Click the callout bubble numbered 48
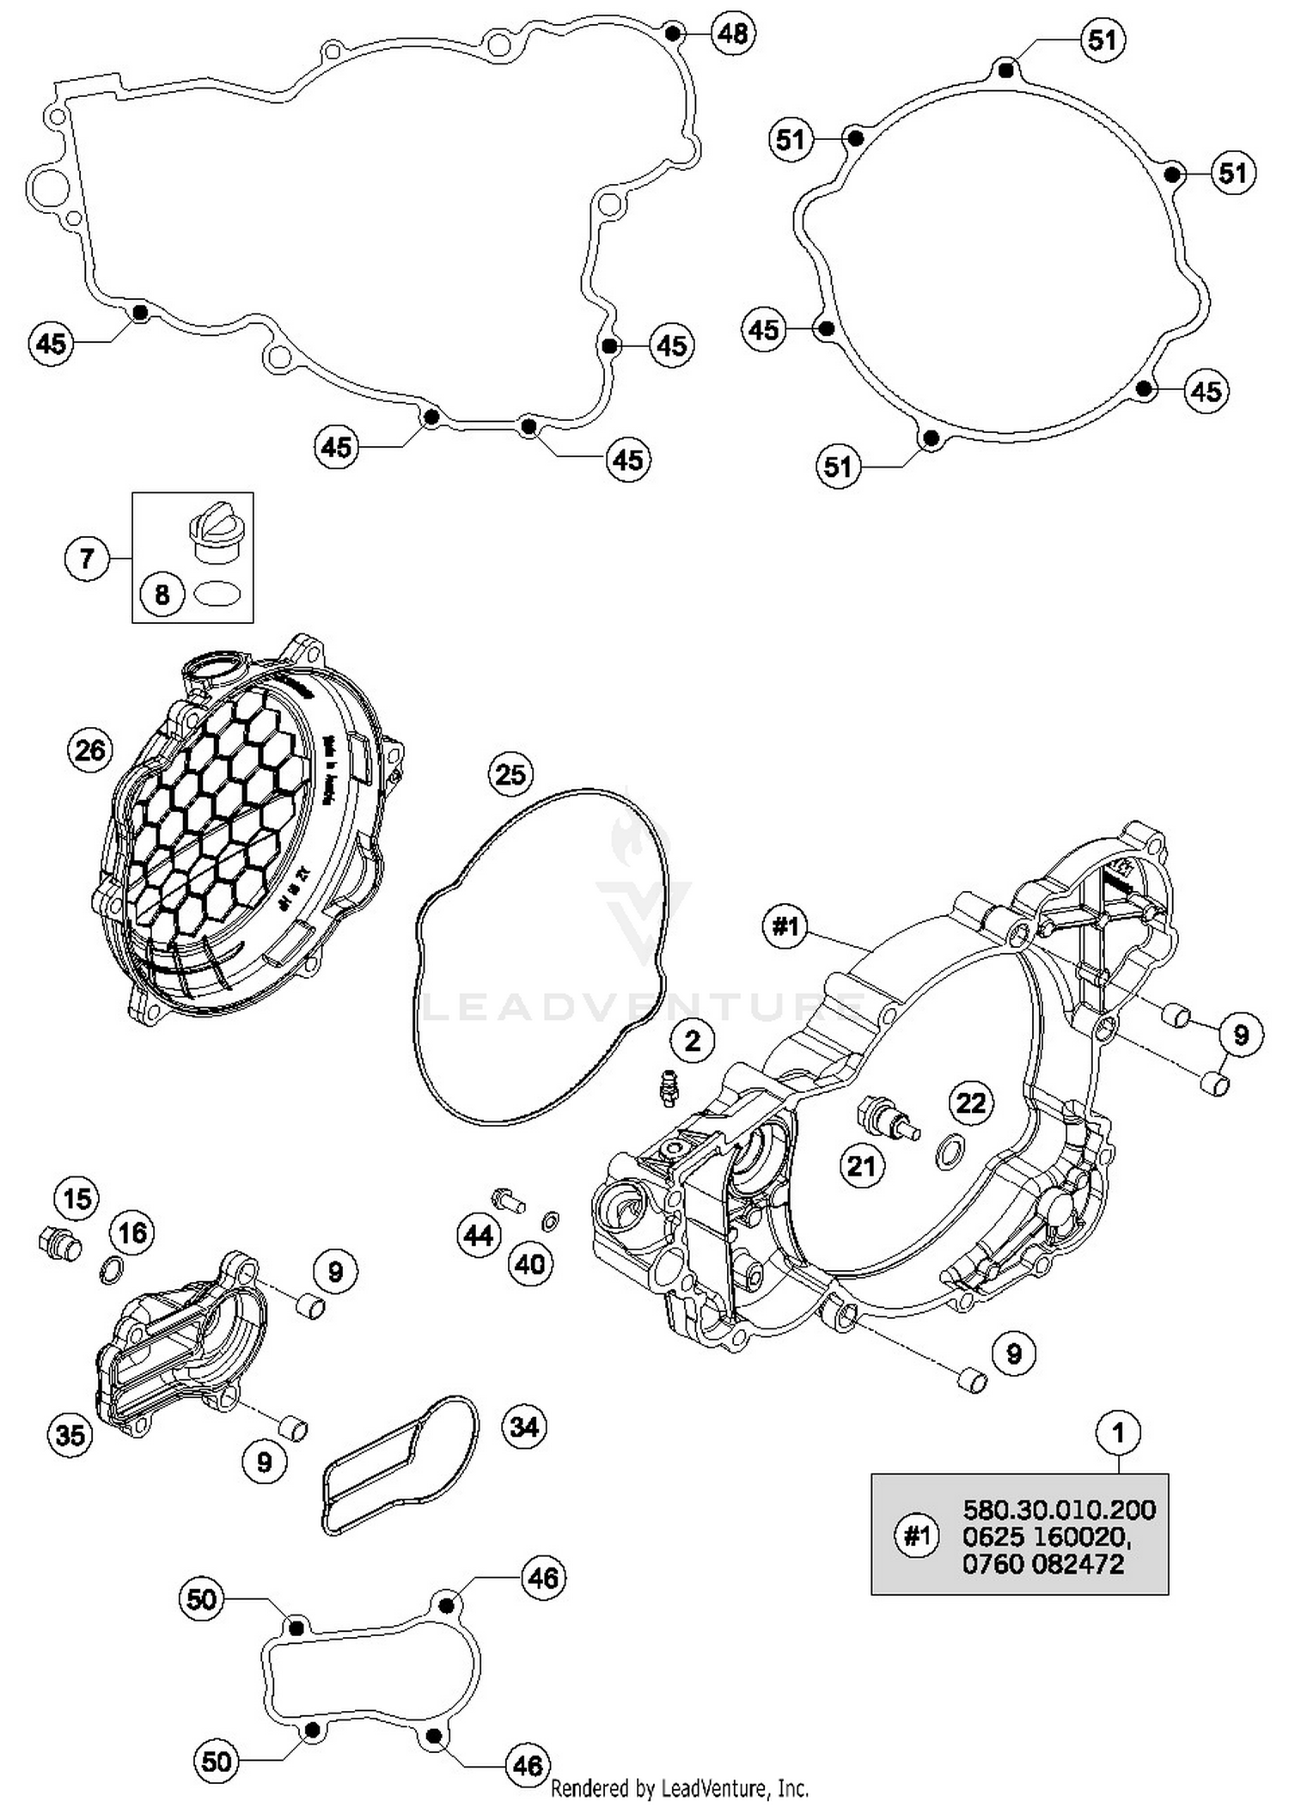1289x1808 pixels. pos(732,34)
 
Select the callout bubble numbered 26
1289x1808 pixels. pos(89,750)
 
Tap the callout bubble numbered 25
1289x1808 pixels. pos(510,774)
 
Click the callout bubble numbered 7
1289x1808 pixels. pos(86,559)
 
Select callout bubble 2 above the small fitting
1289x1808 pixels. pos(693,1041)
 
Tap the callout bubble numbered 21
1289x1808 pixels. pos(861,1166)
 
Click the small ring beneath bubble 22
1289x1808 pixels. pos(947,1151)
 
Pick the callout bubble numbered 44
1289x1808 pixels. pos(478,1236)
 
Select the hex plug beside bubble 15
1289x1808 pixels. pos(58,1242)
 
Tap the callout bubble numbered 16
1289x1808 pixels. pos(131,1233)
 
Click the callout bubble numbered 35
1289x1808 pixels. pos(70,1433)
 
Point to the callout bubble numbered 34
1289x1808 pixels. pos(524,1427)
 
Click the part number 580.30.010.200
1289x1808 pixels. pos(1059,1510)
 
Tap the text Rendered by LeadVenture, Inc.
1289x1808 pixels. pos(679,1789)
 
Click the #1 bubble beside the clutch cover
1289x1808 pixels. pos(785,926)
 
